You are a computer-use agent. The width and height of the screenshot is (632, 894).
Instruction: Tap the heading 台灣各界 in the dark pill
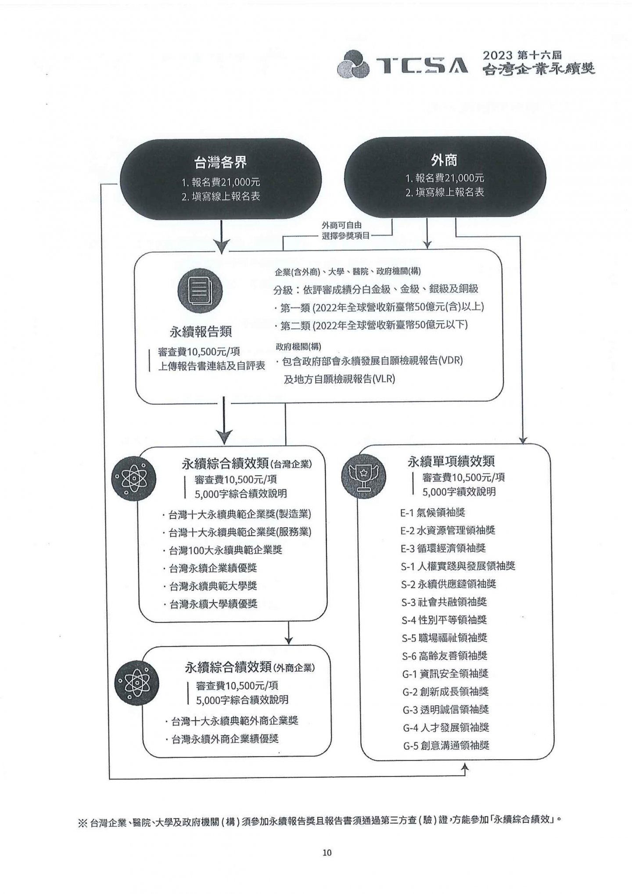(x=220, y=162)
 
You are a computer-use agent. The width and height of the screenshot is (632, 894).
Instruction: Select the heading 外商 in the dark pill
(x=444, y=160)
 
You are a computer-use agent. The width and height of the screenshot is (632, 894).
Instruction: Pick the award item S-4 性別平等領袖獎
(x=444, y=620)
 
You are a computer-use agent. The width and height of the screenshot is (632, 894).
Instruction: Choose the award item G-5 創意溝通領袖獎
(x=446, y=745)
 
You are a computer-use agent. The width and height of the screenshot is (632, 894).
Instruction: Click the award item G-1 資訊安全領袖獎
(x=445, y=674)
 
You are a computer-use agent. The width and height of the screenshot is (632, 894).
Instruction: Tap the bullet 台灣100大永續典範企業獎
(x=223, y=550)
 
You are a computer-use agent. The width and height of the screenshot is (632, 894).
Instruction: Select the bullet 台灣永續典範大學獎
(x=210, y=586)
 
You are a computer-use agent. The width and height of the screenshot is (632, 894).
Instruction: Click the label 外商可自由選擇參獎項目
(x=345, y=230)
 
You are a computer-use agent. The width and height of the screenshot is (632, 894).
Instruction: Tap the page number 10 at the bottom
(x=327, y=852)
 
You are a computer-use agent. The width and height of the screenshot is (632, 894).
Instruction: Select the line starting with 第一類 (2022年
(x=379, y=307)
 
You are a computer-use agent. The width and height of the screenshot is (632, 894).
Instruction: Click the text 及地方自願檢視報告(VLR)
(x=339, y=379)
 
